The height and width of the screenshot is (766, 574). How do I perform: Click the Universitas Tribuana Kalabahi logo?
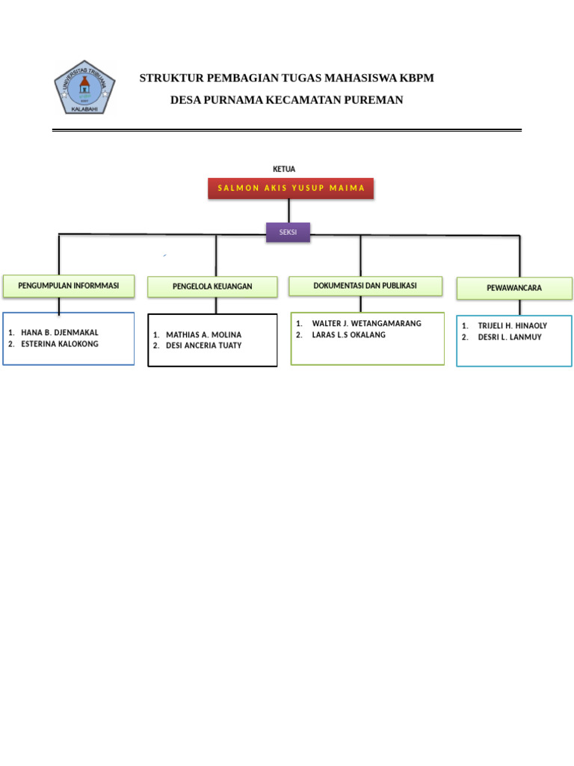pyautogui.click(x=84, y=88)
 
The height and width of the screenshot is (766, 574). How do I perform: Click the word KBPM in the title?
pyautogui.click(x=416, y=78)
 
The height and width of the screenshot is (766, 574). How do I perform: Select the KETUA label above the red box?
pyautogui.click(x=284, y=169)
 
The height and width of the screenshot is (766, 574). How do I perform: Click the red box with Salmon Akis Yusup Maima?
pyautogui.click(x=291, y=188)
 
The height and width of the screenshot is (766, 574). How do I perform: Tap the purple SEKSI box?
pyautogui.click(x=288, y=232)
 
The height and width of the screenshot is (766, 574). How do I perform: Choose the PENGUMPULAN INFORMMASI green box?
pyautogui.click(x=68, y=287)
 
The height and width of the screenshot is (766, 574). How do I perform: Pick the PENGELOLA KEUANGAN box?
pyautogui.click(x=212, y=287)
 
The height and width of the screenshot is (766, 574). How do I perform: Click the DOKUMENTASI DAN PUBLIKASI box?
pyautogui.click(x=365, y=286)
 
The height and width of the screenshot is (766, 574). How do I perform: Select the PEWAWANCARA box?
pyautogui.click(x=514, y=288)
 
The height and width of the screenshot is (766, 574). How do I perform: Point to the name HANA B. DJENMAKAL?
pyautogui.click(x=60, y=333)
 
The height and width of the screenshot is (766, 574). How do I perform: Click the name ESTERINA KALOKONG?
pyautogui.click(x=60, y=344)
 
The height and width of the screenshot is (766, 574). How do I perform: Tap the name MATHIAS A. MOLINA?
pyautogui.click(x=203, y=334)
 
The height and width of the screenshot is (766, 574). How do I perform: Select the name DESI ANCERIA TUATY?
pyautogui.click(x=203, y=346)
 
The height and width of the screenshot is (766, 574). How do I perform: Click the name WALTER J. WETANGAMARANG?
pyautogui.click(x=366, y=323)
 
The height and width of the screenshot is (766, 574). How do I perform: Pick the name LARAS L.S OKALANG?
pyautogui.click(x=348, y=334)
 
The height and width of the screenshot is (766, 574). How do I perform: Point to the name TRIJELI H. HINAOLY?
pyautogui.click(x=513, y=326)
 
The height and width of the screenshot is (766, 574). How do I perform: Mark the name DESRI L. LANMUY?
pyautogui.click(x=510, y=337)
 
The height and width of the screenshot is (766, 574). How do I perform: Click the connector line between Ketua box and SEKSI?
pyautogui.click(x=289, y=211)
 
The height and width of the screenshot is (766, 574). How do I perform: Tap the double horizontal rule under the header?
pyautogui.click(x=287, y=130)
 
